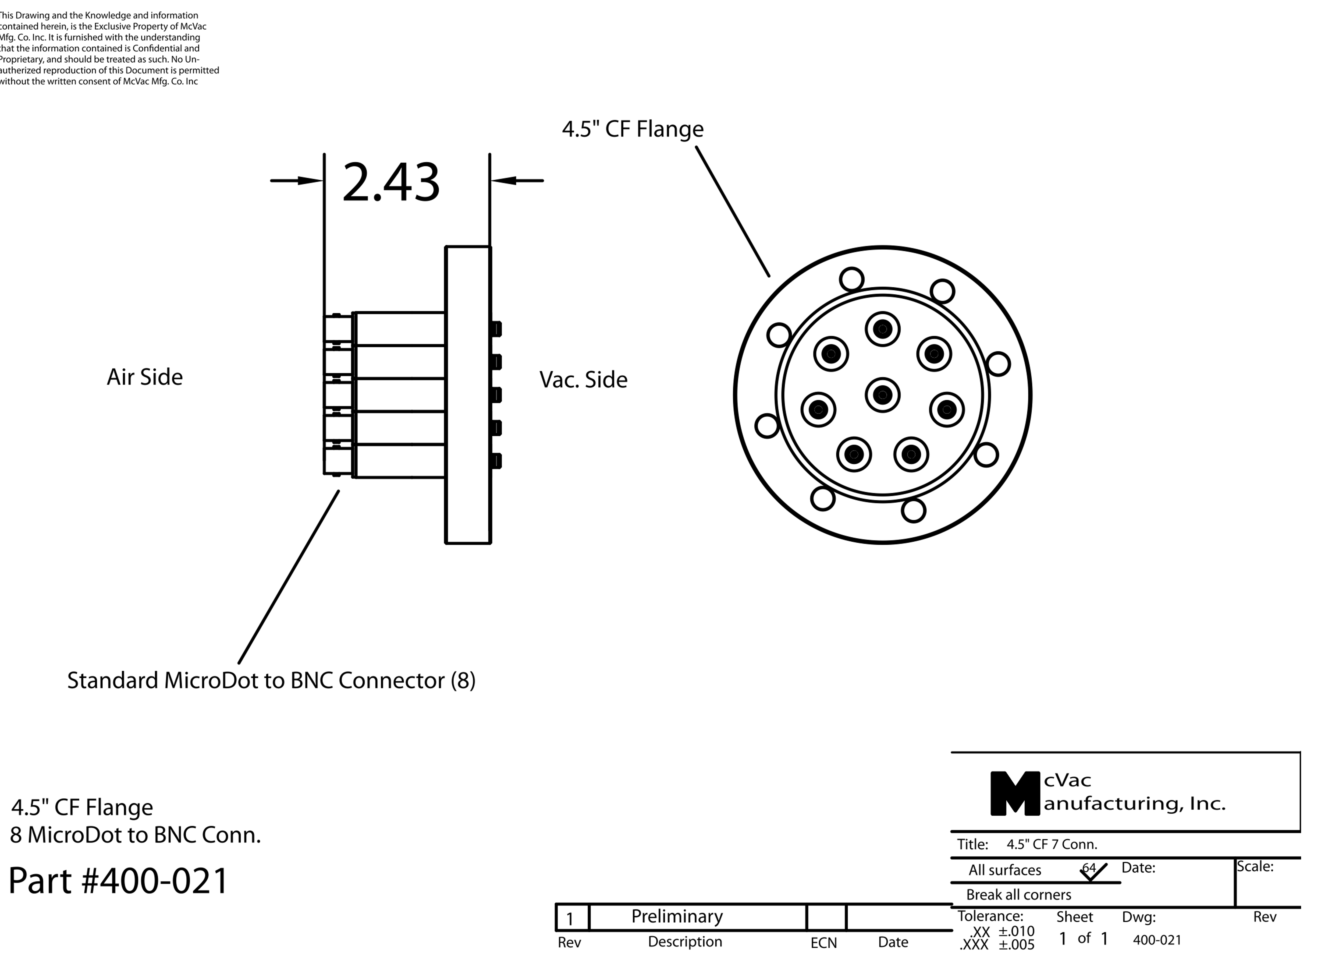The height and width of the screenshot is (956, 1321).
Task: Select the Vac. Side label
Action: tap(584, 380)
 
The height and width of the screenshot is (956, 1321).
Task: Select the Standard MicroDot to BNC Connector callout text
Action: tap(271, 680)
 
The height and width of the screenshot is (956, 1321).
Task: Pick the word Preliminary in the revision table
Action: tap(677, 916)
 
